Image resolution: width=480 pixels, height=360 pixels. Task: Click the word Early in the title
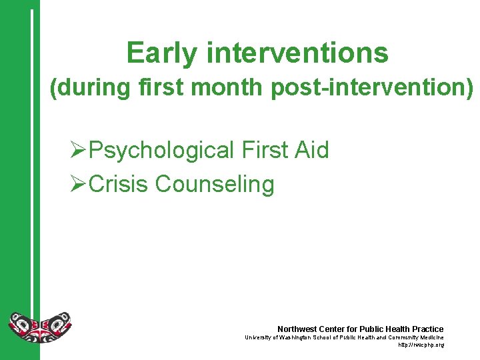point(161,53)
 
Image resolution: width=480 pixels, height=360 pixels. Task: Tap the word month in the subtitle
point(231,88)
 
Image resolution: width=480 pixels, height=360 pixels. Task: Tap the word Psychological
point(161,151)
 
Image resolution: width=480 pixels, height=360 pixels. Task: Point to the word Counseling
point(215,184)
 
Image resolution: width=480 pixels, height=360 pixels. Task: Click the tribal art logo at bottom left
point(39,327)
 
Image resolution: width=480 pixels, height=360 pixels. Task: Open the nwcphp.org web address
point(421,345)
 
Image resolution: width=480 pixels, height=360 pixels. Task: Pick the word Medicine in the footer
point(431,337)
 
